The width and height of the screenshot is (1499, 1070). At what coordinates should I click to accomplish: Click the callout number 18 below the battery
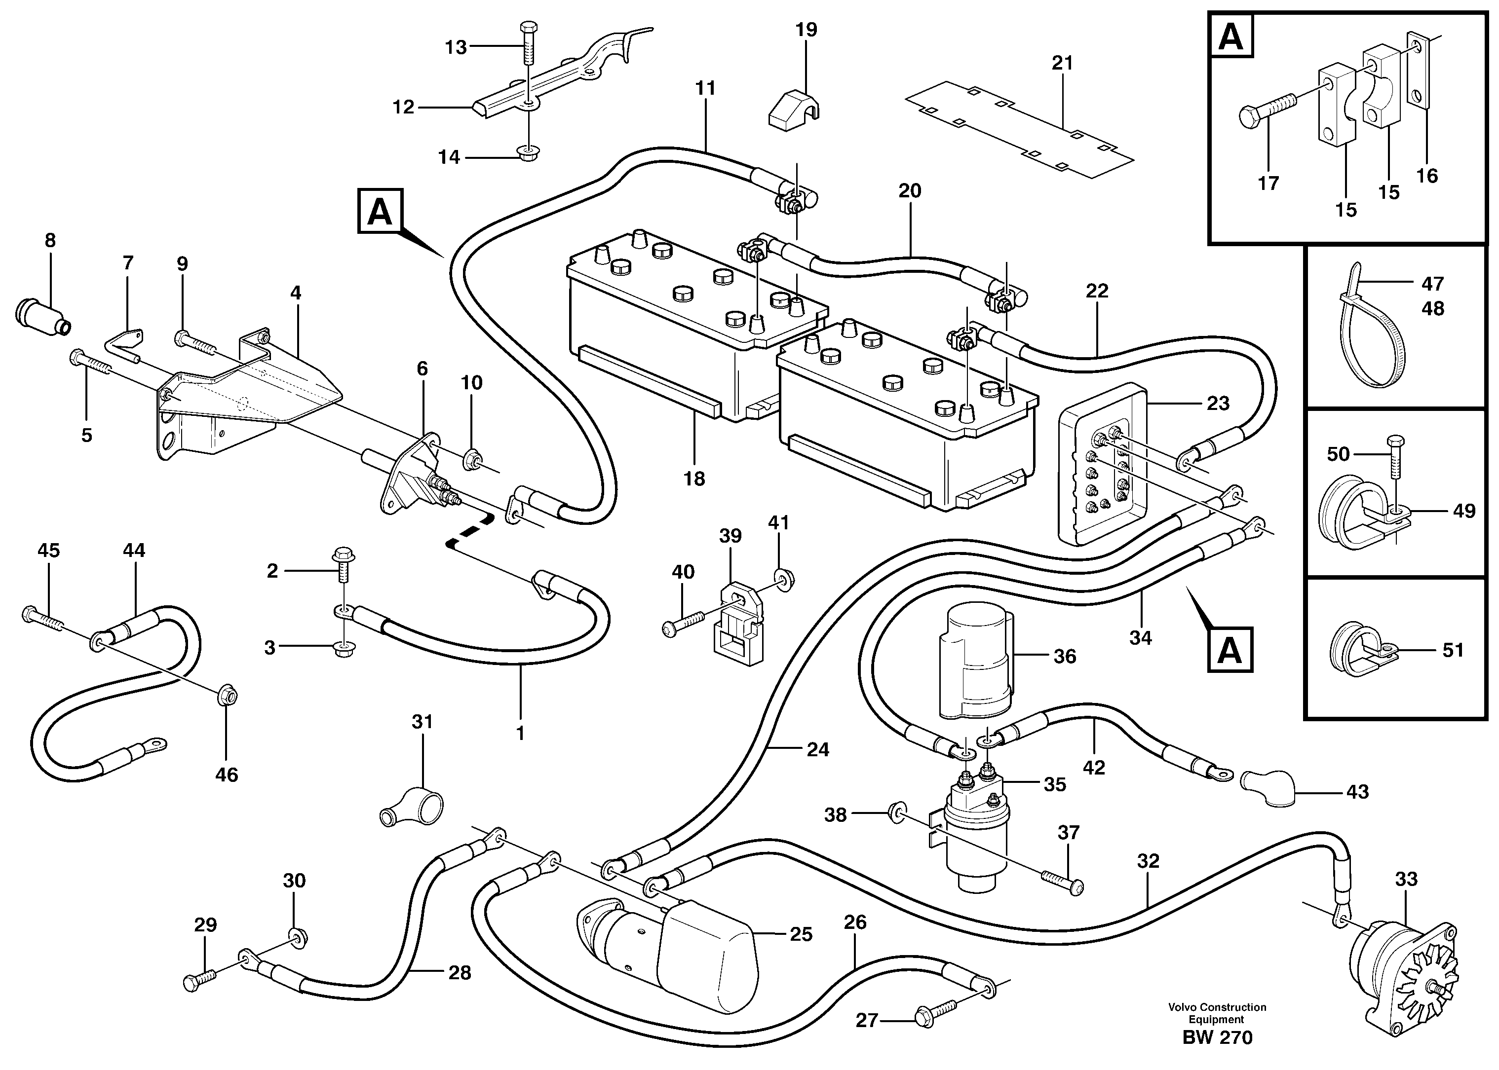tap(694, 479)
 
